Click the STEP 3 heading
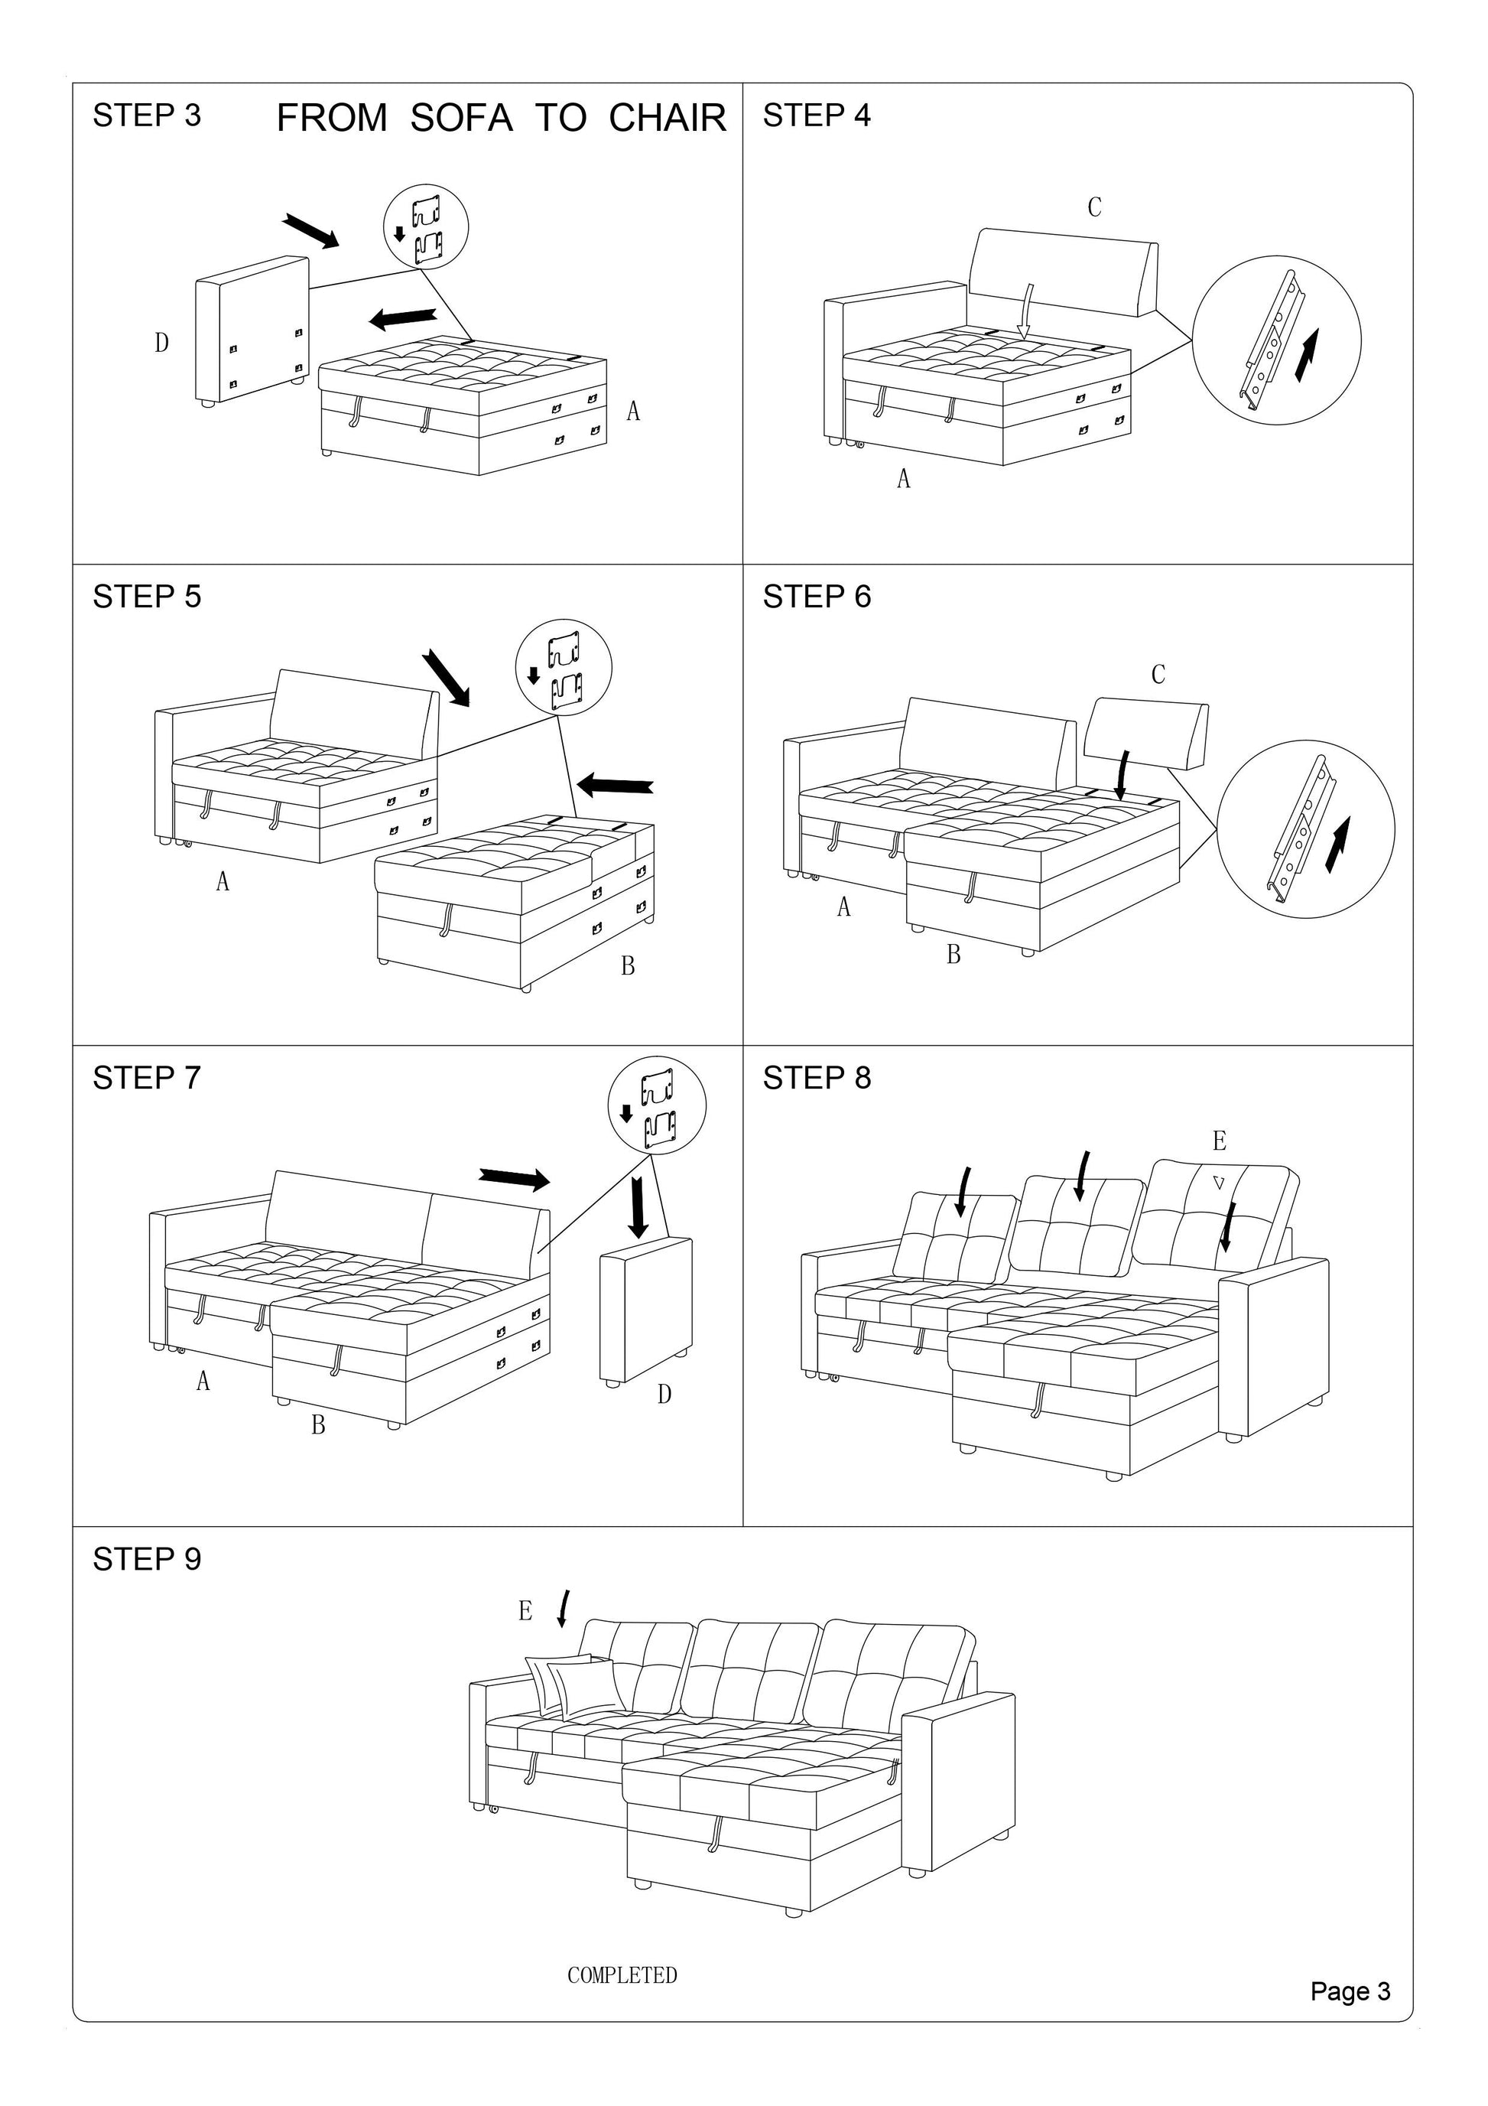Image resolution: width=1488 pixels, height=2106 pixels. click(147, 116)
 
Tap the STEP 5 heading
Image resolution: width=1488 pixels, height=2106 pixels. click(147, 597)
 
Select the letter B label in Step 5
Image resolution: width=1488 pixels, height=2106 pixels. click(627, 966)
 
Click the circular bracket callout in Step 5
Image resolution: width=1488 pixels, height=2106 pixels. click(563, 667)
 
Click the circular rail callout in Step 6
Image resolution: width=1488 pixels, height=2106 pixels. click(1305, 829)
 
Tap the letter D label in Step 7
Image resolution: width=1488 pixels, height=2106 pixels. click(664, 1395)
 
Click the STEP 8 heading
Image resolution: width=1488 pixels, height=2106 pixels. click(817, 1078)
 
